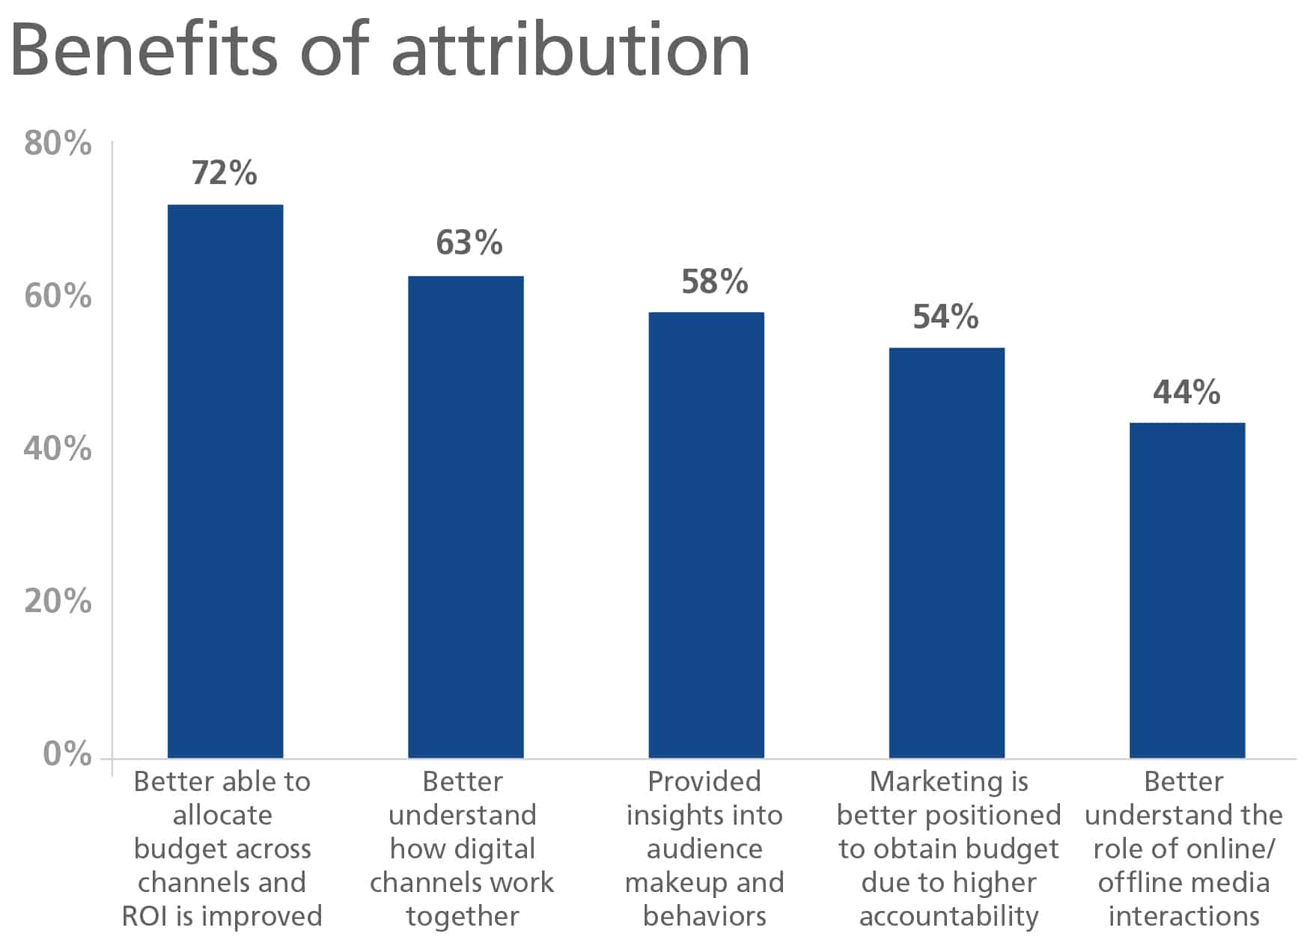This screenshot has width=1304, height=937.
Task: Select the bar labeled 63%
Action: coord(466,516)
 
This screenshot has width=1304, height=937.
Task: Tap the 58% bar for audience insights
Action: coord(706,535)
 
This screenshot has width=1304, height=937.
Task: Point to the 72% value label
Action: coord(224,173)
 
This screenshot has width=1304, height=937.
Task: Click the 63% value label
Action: coord(469,243)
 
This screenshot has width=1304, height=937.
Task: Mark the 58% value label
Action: coord(714,282)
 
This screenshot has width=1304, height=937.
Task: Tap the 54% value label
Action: coord(945,317)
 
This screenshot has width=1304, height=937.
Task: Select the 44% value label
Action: coord(1186,392)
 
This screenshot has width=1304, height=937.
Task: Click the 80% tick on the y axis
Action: coord(58,143)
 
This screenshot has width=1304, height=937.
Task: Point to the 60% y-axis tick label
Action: coord(58,296)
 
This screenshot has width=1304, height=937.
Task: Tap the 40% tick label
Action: coord(58,449)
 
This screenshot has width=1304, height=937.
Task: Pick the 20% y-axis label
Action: coord(58,601)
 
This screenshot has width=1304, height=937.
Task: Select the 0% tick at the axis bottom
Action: coord(67,754)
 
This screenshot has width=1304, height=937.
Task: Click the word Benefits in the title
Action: coord(143,49)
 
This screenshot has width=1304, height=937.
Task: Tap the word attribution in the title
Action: coord(570,49)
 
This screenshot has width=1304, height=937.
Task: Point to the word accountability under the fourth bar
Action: coord(948,916)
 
